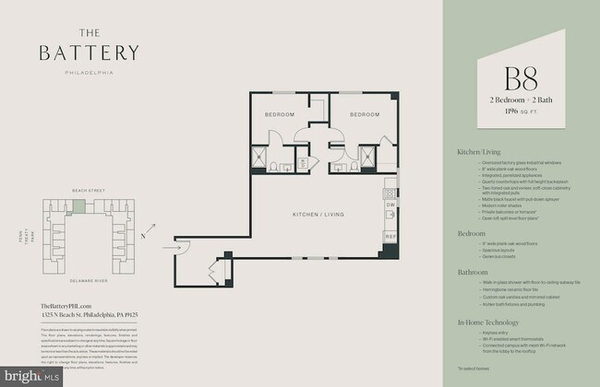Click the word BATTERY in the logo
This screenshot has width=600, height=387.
(90, 52)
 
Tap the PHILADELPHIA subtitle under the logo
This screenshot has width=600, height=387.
(90, 70)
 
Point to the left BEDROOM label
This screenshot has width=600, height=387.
(280, 114)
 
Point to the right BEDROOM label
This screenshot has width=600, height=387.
(365, 114)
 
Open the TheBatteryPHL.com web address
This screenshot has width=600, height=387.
(66, 305)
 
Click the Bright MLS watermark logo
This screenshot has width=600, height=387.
(32, 376)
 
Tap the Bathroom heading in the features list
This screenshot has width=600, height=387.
(474, 272)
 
